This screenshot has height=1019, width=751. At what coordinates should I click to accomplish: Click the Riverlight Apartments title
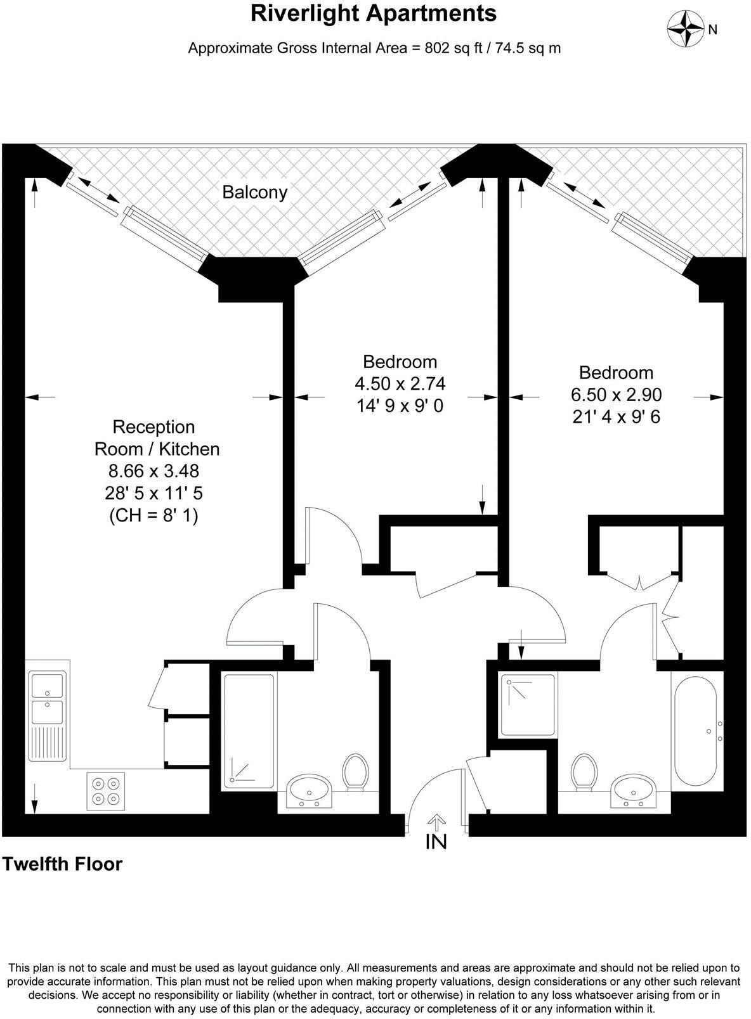[374, 13]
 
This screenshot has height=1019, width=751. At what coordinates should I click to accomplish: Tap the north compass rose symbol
[686, 29]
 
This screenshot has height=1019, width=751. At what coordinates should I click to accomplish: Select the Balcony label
[254, 192]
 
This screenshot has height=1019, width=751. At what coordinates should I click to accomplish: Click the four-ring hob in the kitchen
[106, 791]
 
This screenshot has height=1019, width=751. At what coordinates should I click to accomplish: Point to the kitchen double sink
[47, 700]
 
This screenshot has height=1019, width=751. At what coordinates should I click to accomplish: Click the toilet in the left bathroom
[355, 771]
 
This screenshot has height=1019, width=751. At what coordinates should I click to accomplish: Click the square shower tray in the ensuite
[528, 705]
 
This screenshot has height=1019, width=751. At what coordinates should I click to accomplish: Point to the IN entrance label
[436, 842]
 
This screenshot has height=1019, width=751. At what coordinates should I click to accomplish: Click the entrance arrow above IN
[436, 821]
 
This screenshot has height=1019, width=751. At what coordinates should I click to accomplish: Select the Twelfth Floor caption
[63, 864]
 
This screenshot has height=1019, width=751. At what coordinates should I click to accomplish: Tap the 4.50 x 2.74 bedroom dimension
[400, 383]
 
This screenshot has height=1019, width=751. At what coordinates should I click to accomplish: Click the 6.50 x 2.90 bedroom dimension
[616, 395]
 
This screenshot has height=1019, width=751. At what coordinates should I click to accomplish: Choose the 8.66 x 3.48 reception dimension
[154, 471]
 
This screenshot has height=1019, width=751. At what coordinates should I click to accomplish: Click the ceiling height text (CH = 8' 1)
[154, 516]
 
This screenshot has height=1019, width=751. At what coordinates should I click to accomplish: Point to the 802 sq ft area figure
[442, 48]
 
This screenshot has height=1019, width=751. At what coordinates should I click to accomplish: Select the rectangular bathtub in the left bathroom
[249, 731]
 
